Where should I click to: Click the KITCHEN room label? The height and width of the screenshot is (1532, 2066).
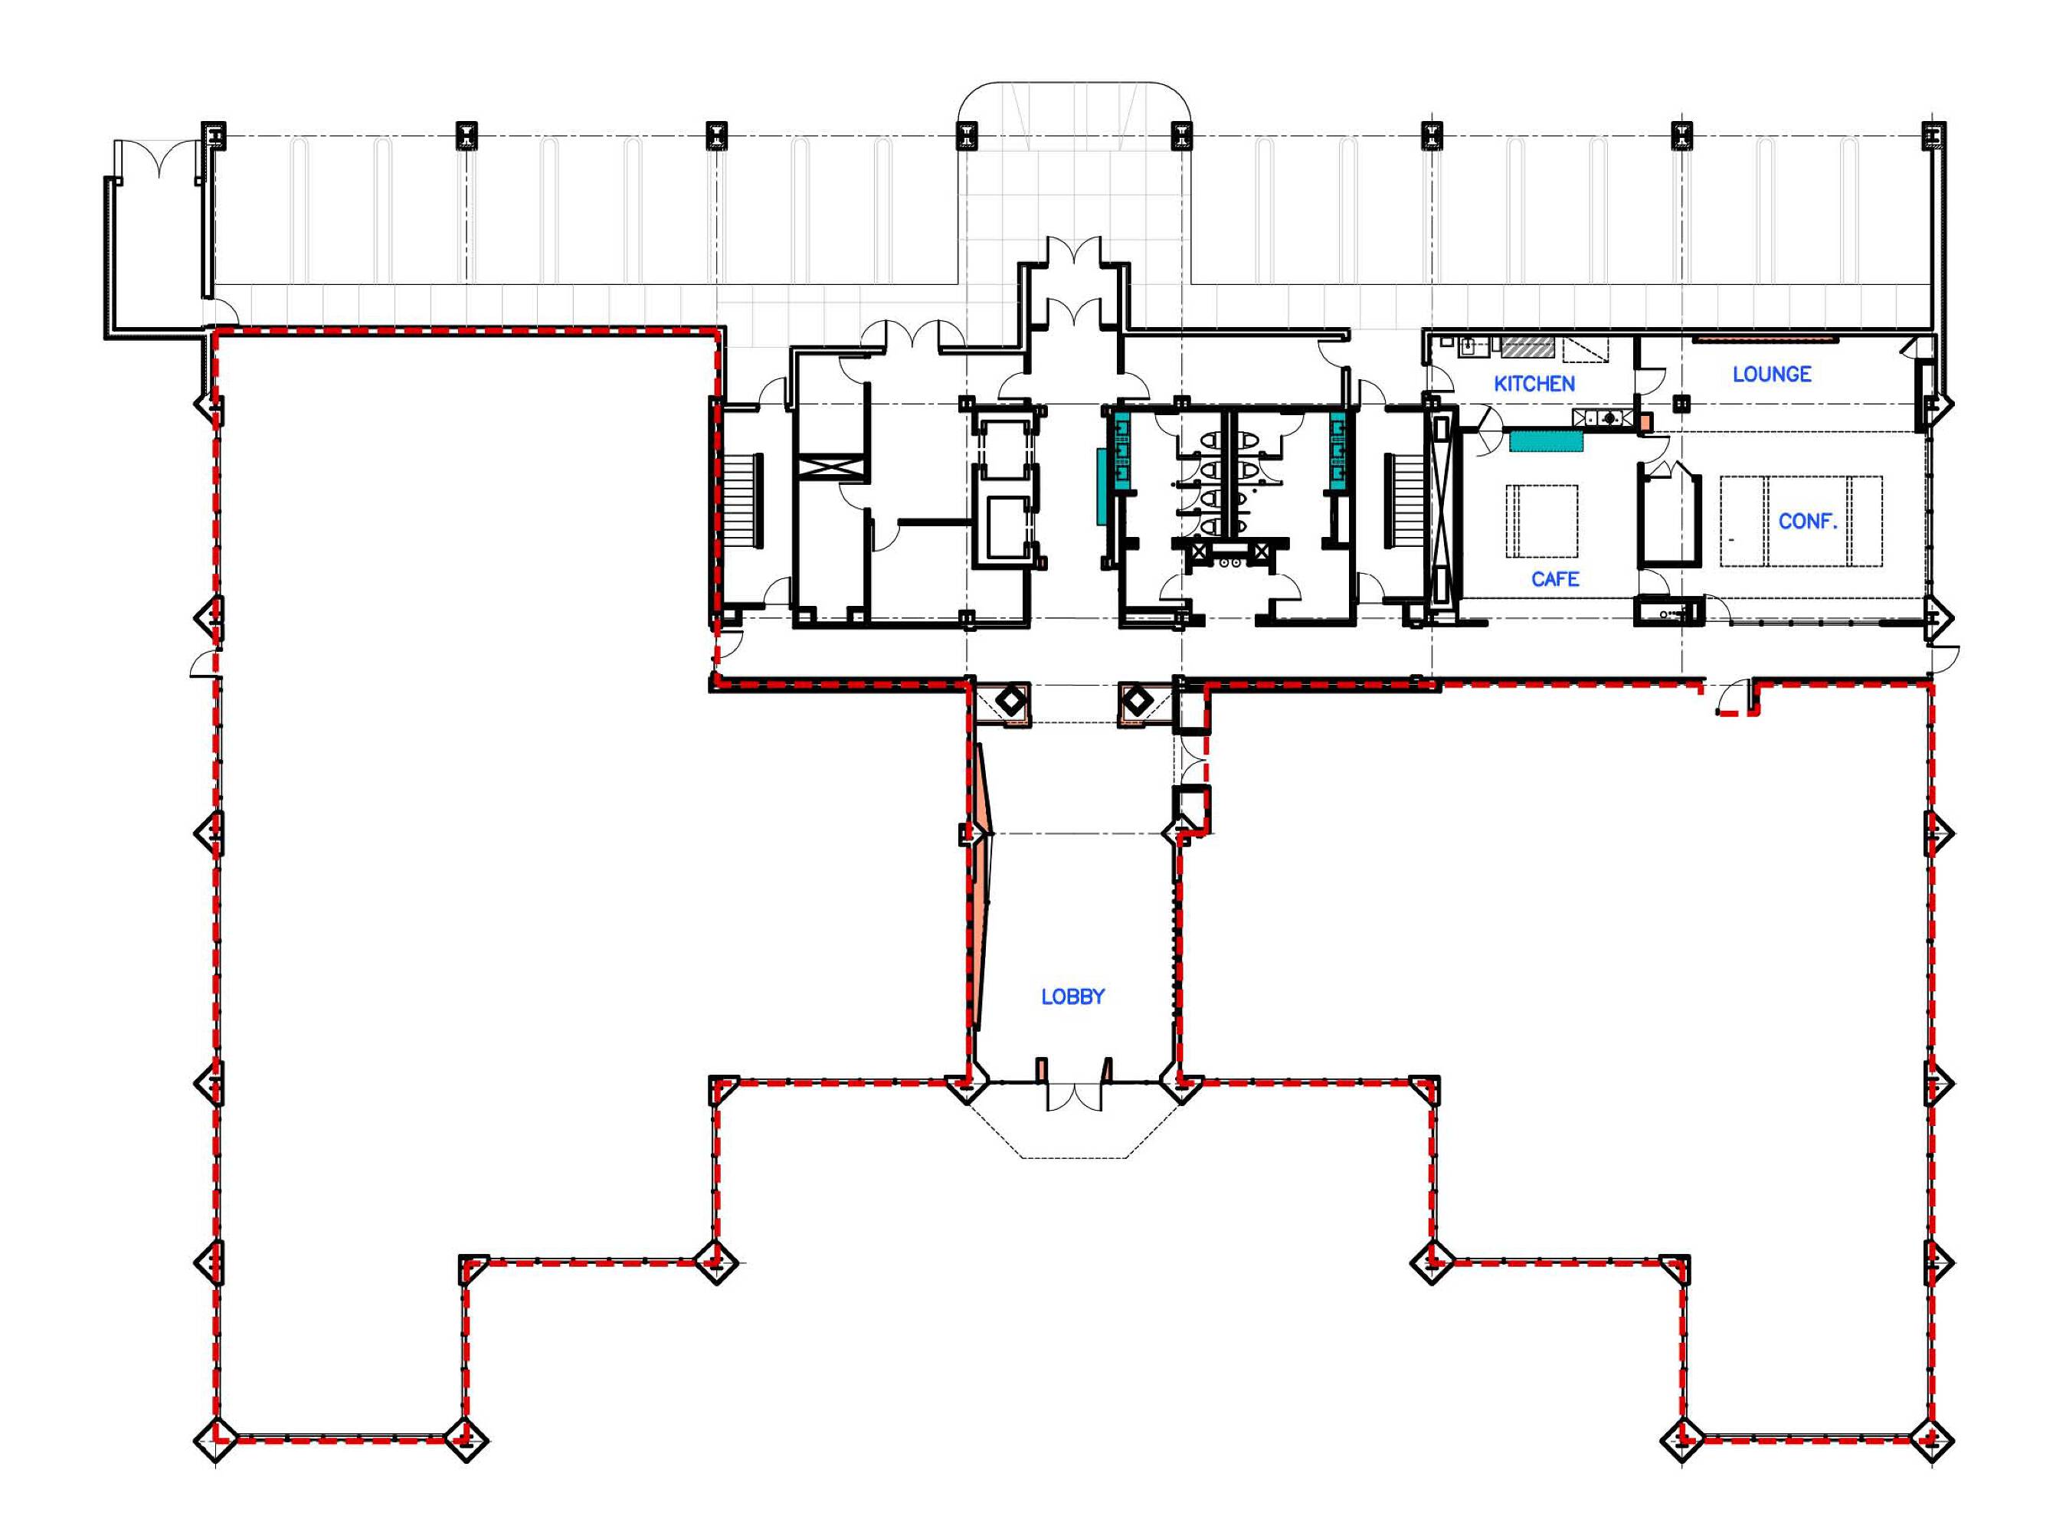[1534, 383]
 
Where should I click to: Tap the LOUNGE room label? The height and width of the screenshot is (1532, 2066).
[1772, 374]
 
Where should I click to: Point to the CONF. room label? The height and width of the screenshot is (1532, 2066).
[1807, 521]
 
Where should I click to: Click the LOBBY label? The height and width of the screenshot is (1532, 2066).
[1073, 997]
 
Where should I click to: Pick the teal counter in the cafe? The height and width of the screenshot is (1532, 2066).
[1546, 440]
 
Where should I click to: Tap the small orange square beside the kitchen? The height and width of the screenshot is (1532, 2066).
[1644, 422]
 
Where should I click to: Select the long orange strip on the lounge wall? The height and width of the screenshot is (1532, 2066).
[1765, 339]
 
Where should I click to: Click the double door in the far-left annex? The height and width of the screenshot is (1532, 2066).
[159, 159]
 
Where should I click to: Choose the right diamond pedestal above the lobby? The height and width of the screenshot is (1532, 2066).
[1136, 702]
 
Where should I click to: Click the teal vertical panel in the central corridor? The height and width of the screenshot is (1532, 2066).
[1102, 487]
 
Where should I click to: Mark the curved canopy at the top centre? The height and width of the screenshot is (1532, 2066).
[1074, 83]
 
